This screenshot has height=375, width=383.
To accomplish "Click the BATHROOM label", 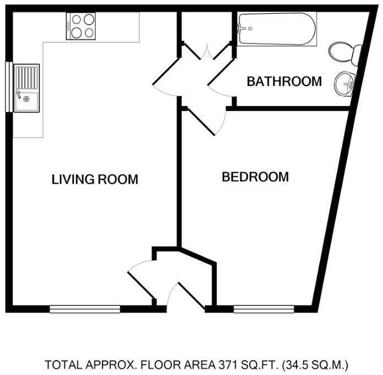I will [284, 82].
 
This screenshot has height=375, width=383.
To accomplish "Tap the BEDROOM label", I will [255, 177].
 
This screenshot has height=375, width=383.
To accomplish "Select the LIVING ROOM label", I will [94, 179].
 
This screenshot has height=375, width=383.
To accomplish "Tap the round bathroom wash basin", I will [345, 84].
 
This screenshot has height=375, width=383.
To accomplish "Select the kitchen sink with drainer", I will [26, 88].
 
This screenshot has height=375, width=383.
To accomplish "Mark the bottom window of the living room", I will [85, 309].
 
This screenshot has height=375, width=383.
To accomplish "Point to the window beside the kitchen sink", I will [8, 88].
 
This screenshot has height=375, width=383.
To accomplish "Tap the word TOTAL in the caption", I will [61, 365].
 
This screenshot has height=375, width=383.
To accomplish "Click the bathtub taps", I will [243, 27].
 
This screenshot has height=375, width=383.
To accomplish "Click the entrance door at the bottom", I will [187, 295].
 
